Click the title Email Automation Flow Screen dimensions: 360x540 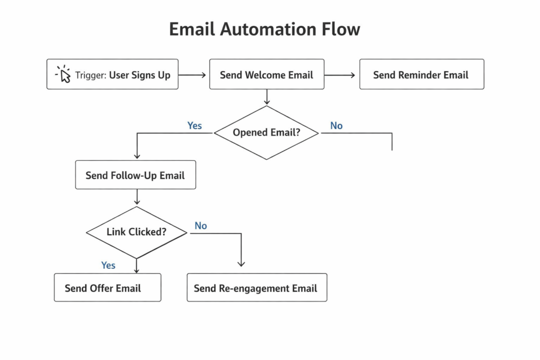coord(264,30)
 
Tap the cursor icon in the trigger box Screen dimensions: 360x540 coord(64,74)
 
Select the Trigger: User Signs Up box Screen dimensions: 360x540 coord(112,74)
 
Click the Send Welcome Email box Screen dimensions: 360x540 coord(266,74)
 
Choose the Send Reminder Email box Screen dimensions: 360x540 coord(421,74)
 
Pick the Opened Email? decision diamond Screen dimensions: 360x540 coord(266,132)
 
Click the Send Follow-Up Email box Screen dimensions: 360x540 coord(135,175)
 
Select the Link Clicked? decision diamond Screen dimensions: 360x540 coord(137,232)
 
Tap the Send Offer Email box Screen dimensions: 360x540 coord(107,288)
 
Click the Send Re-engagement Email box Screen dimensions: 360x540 coord(256,288)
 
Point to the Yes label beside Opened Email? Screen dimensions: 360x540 coord(195,125)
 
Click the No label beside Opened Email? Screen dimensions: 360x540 coord(336,125)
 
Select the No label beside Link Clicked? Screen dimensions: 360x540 coord(201,226)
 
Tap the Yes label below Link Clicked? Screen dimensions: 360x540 coord(108,265)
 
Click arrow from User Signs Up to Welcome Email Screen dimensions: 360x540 coord(192,75)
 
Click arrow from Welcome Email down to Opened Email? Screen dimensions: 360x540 coord(266,97)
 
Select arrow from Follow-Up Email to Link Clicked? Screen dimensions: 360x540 coord(137,197)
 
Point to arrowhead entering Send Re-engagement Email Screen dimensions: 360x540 coord(242,264)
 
